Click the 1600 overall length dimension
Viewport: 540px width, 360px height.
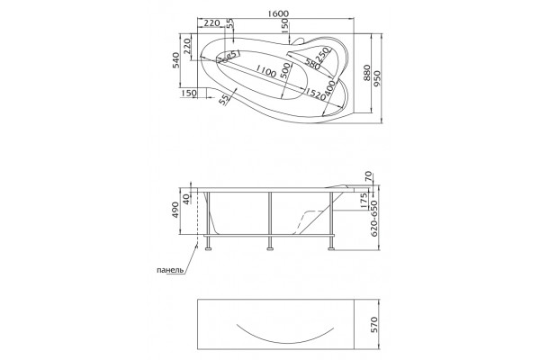point(277,13)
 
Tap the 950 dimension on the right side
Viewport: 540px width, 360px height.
point(377,79)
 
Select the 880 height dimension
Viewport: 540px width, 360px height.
point(366,73)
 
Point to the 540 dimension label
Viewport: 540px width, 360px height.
point(176,60)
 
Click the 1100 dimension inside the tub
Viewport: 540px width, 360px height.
point(265,72)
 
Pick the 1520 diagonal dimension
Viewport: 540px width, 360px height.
point(315,94)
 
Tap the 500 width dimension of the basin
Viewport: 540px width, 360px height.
point(285,72)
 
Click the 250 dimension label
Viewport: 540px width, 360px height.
point(323,55)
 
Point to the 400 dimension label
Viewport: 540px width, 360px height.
point(329,88)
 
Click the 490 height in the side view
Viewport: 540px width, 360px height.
point(175,210)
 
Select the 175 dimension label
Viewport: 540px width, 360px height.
point(364,202)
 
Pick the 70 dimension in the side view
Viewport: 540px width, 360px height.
point(368,176)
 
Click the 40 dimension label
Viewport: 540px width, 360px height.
point(186,199)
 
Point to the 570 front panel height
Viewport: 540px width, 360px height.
point(374,325)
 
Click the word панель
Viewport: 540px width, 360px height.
point(170,270)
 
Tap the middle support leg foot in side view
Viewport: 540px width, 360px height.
point(270,247)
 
